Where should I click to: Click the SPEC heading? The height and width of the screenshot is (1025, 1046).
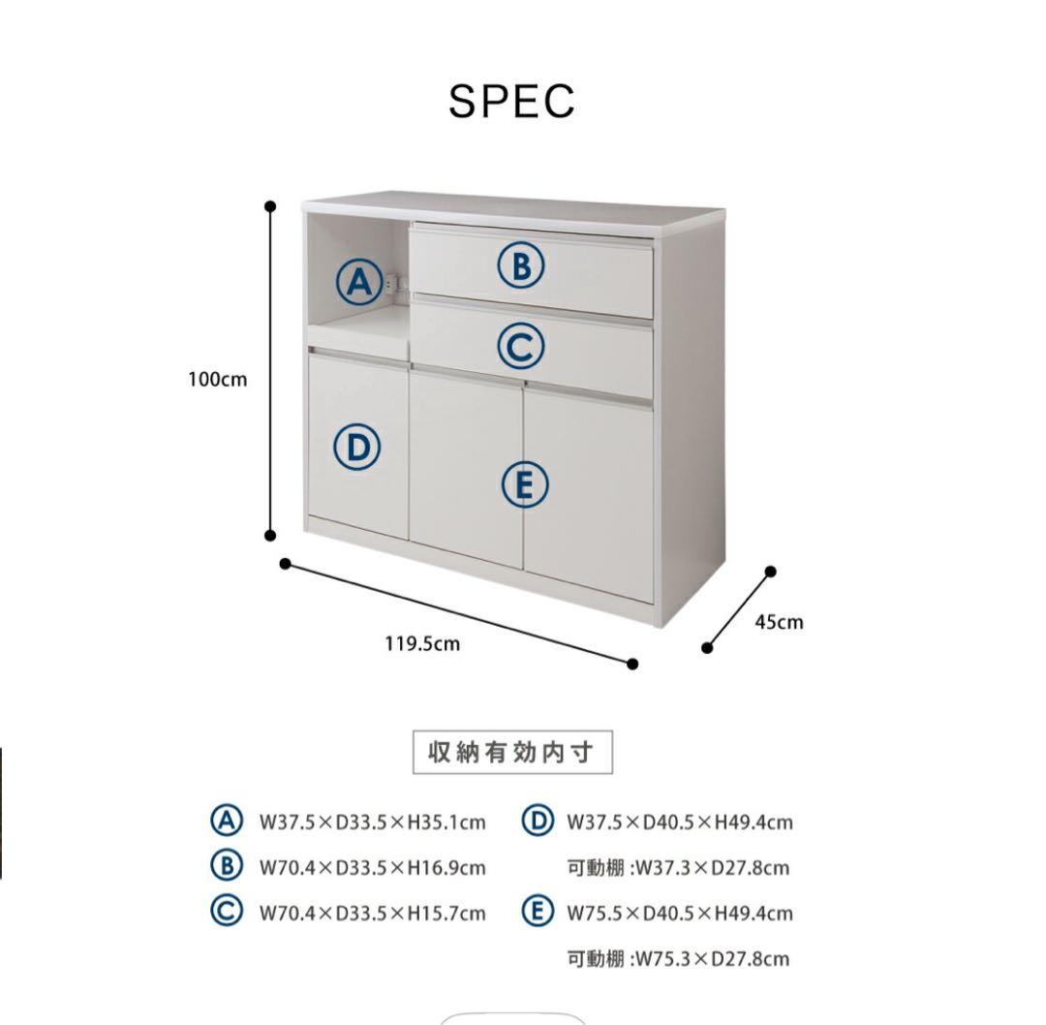(511, 101)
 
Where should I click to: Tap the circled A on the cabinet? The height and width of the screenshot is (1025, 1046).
(358, 282)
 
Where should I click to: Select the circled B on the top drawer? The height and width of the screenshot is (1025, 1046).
(521, 264)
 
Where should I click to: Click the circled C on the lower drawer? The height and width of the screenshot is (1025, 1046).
(521, 346)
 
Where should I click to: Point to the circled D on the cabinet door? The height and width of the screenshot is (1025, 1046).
(357, 448)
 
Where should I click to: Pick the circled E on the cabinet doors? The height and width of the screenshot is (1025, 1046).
(525, 484)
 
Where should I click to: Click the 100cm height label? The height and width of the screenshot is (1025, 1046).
(217, 380)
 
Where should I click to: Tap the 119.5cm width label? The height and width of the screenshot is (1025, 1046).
(422, 643)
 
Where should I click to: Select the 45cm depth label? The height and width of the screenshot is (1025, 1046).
(779, 622)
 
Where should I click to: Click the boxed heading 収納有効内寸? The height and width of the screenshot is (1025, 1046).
(513, 753)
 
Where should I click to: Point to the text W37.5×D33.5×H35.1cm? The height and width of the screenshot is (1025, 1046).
(372, 823)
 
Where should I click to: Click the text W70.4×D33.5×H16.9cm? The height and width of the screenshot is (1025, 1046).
(372, 867)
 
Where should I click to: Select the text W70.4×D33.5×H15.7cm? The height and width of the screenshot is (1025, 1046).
(372, 913)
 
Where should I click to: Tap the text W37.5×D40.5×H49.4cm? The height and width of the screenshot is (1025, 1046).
(679, 823)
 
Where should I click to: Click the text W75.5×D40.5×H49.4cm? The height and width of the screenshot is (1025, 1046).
(679, 913)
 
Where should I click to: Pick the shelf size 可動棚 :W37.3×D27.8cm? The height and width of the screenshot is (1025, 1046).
(678, 867)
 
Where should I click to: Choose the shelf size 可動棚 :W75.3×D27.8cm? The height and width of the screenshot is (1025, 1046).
(678, 959)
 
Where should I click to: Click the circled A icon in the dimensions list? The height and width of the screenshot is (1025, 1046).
(226, 821)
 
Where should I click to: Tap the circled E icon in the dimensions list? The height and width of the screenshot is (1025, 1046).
(537, 912)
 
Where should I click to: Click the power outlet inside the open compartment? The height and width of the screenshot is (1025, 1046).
(392, 284)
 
